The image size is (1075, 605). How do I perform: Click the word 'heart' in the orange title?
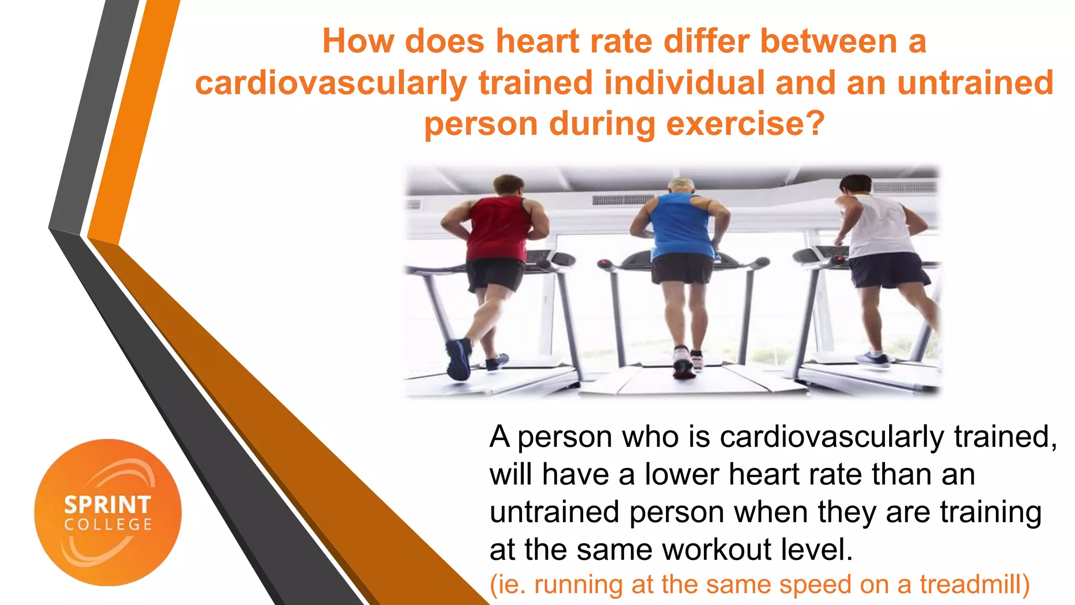point(537,41)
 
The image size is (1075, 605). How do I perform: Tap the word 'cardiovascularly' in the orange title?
point(331,83)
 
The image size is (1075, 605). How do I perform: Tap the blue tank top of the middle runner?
point(681,225)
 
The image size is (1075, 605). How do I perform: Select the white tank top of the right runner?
point(880,226)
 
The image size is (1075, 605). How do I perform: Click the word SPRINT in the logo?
point(108,505)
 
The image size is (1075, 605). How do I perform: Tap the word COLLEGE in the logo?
point(108,525)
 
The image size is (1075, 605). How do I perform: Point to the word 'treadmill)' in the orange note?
point(974,585)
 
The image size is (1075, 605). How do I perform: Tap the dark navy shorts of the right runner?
point(888,270)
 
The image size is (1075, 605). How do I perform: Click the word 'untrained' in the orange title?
point(975,83)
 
